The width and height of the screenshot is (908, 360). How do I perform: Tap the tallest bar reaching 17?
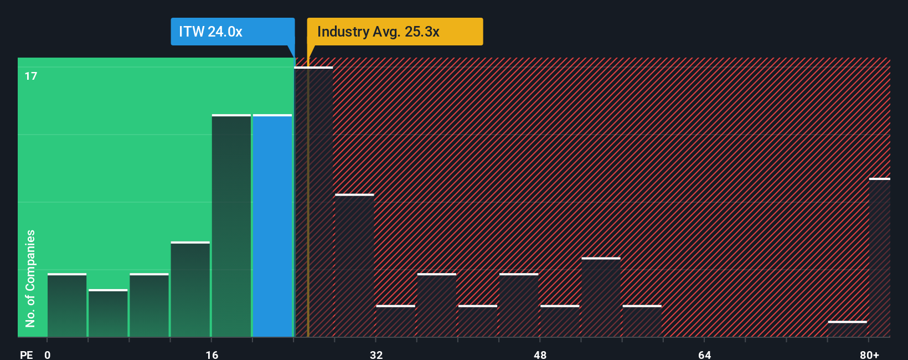point(313,202)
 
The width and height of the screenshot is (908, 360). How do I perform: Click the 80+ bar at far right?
point(879,257)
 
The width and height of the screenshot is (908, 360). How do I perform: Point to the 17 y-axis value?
point(31,76)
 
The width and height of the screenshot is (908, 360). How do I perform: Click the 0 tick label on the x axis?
point(48,354)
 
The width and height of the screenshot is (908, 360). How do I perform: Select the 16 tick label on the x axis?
point(211,354)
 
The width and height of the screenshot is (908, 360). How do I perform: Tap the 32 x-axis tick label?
point(376,354)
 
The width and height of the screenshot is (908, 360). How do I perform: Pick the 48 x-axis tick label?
point(540,354)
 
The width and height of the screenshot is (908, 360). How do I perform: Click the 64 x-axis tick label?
point(704,354)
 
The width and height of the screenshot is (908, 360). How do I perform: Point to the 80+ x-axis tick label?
point(869,354)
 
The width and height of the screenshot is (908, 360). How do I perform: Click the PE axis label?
point(26,354)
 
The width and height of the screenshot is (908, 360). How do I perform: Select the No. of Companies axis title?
point(30,278)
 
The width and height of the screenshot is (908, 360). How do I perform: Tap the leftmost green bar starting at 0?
point(67,305)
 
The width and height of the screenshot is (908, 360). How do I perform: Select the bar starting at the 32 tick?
point(395,321)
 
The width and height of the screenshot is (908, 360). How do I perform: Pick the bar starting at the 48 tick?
point(560,321)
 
